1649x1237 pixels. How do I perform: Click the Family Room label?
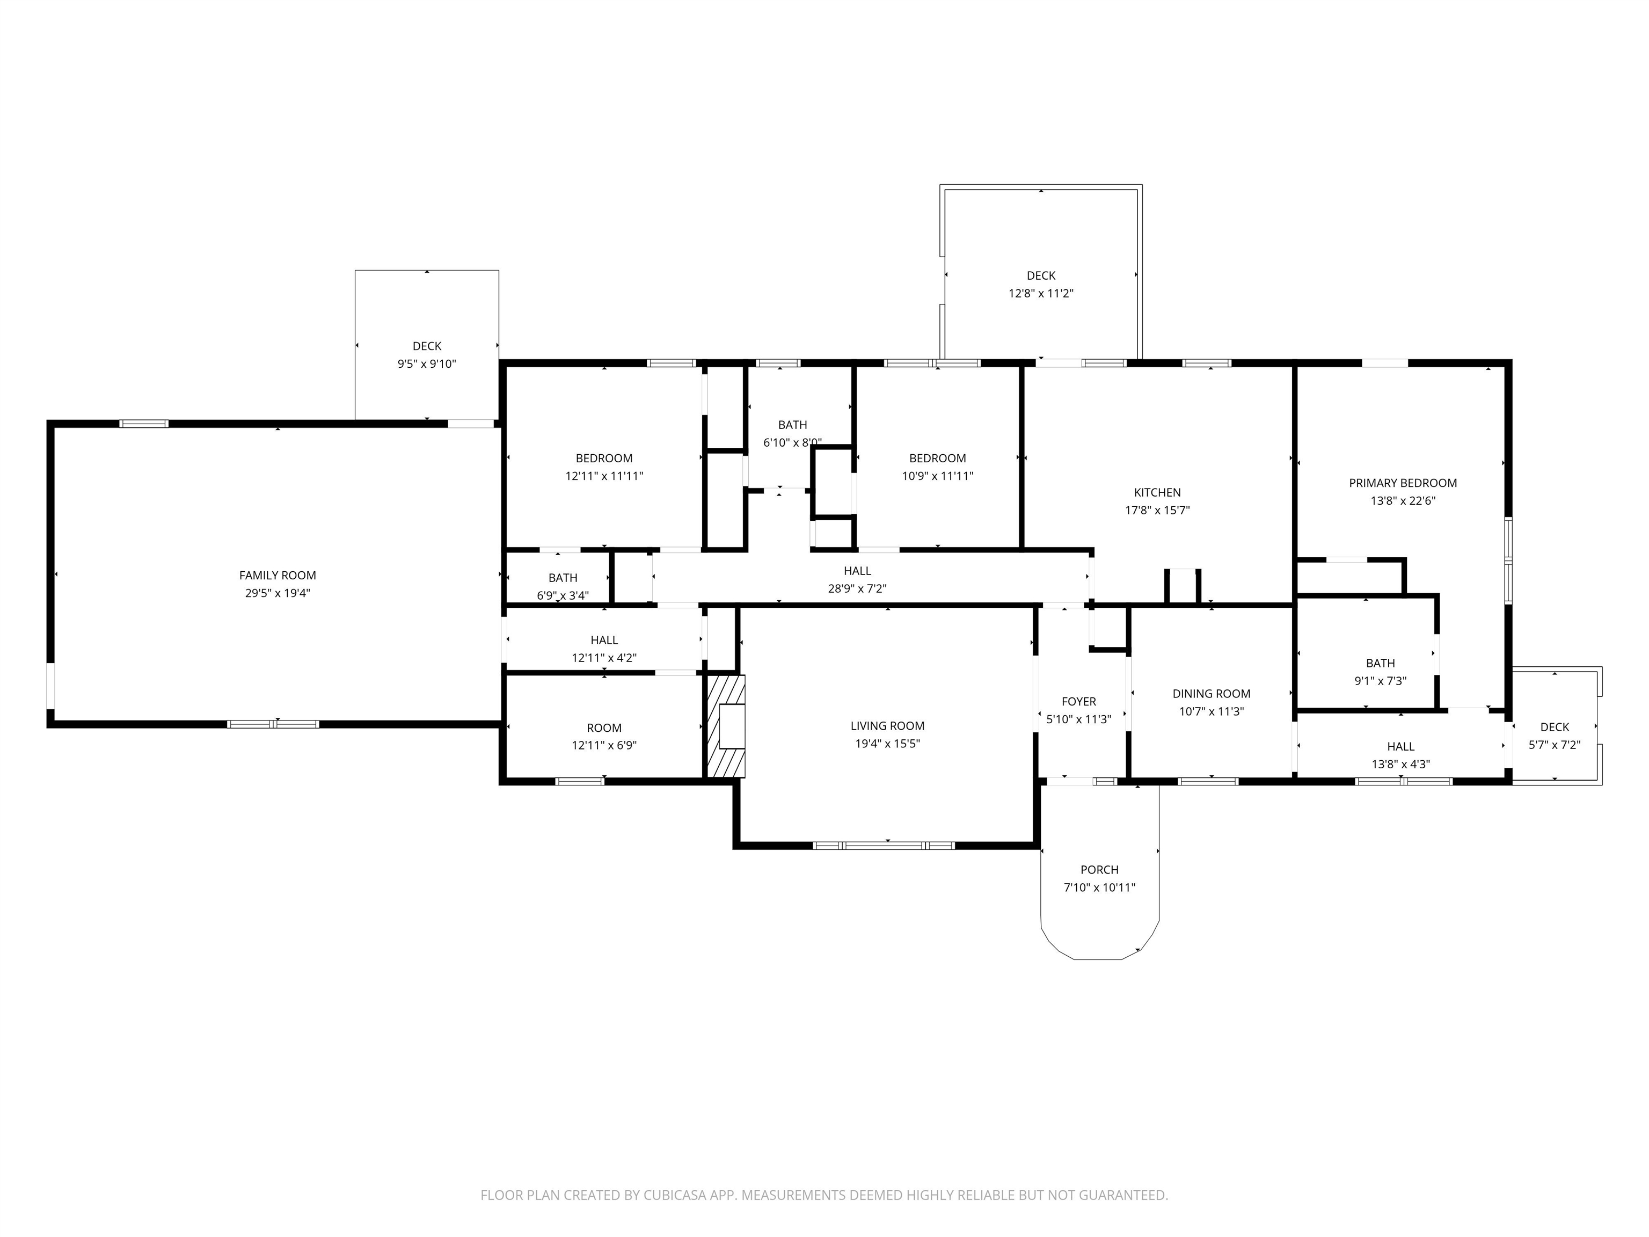pyautogui.click(x=278, y=576)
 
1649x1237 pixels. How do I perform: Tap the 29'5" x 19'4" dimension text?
pyautogui.click(x=278, y=593)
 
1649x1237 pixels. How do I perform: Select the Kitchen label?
pyautogui.click(x=1157, y=493)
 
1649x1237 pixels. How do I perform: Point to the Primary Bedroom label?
pyautogui.click(x=1402, y=483)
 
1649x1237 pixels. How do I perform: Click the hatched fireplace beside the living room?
pyautogui.click(x=725, y=726)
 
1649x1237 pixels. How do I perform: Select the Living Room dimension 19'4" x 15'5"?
pyautogui.click(x=887, y=744)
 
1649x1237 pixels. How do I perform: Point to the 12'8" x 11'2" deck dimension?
pyautogui.click(x=1041, y=294)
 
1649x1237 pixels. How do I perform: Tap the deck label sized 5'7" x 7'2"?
pyautogui.click(x=1555, y=727)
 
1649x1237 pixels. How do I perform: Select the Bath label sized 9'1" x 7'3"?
pyautogui.click(x=1380, y=664)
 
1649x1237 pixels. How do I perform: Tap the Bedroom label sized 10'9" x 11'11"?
pyautogui.click(x=937, y=459)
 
